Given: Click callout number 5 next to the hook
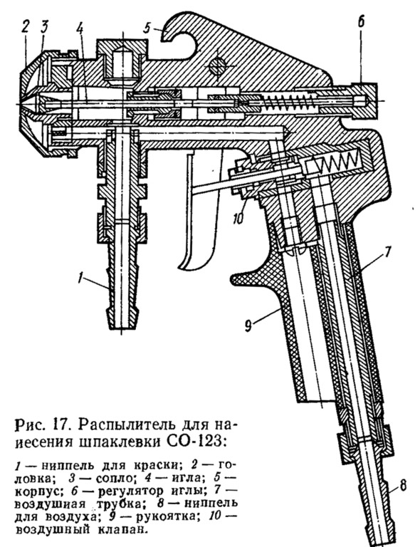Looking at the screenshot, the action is coord(147,28).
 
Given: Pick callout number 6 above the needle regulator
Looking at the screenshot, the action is coord(361,21).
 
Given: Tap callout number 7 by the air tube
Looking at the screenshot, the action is coord(387,251).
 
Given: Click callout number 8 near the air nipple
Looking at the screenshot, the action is coord(403,485).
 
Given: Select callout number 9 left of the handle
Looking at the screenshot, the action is coord(248,326).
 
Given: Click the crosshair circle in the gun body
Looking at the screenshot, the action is coord(216,66).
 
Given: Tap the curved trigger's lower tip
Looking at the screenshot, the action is coord(182,268).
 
